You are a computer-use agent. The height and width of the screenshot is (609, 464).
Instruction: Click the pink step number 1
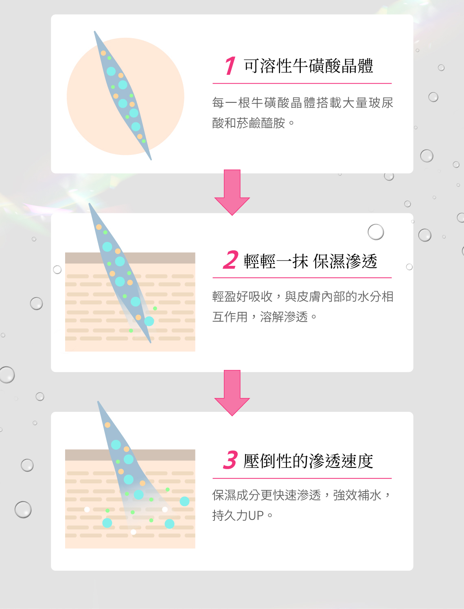pyautogui.click(x=230, y=66)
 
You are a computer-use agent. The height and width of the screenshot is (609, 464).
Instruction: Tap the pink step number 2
pyautogui.click(x=230, y=260)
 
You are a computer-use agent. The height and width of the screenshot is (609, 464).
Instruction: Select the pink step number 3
pyautogui.click(x=230, y=460)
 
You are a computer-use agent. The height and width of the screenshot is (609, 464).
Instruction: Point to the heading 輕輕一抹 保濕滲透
pyautogui.click(x=310, y=261)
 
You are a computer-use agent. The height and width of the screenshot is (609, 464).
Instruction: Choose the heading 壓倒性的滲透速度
pyautogui.click(x=308, y=461)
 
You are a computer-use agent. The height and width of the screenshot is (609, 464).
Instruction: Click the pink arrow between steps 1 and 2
pyautogui.click(x=232, y=192)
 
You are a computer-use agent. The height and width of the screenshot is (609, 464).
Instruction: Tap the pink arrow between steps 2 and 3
pyautogui.click(x=232, y=393)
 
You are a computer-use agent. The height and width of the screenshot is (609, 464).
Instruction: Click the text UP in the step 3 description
pyautogui.click(x=256, y=515)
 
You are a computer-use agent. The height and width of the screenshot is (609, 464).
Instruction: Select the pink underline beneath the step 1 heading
pyautogui.click(x=302, y=83)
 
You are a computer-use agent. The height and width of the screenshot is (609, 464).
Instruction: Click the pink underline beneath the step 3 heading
pyautogui.click(x=302, y=478)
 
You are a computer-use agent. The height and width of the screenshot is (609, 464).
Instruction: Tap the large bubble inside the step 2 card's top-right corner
pyautogui.click(x=376, y=232)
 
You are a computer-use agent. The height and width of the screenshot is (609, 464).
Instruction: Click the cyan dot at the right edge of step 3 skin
pyautogui.click(x=184, y=501)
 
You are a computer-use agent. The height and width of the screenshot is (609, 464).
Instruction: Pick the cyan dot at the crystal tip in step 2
pyautogui.click(x=149, y=321)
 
